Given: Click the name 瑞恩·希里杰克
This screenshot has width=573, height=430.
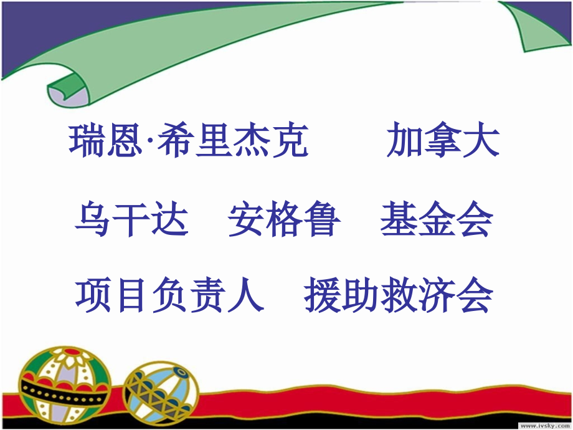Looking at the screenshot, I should point(189,141).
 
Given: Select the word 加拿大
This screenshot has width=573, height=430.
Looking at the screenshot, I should point(443,141).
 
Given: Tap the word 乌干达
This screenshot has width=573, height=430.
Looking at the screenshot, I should point(131,220).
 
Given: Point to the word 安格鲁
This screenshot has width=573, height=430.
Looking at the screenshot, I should point(284,220).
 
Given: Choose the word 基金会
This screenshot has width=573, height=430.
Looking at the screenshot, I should point(437,220).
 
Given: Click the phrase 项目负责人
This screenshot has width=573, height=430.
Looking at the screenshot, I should point(169,295).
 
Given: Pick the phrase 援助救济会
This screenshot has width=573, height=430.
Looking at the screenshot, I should point(399,295).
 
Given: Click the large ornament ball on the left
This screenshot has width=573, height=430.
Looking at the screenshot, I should point(64,380).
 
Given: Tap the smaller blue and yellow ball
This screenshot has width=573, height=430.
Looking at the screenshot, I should point(161,387).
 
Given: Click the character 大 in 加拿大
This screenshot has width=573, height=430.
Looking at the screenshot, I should point(481,141).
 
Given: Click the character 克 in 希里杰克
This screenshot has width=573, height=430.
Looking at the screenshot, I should point(290,141).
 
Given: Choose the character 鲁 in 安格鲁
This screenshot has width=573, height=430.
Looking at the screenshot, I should point(323,220).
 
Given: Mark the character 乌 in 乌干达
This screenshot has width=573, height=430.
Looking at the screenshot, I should point(93,220).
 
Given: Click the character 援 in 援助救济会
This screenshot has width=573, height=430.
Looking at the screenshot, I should point(323,295).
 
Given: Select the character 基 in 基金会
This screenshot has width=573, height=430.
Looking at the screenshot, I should point(399,220).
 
